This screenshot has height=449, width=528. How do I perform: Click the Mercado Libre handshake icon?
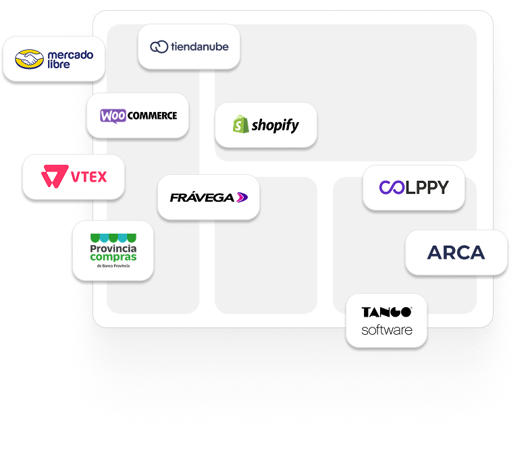(28, 59)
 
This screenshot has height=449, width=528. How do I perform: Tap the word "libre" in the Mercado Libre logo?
(59, 65)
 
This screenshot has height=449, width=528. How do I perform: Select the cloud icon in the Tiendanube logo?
(159, 47)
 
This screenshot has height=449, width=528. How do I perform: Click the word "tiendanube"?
(199, 47)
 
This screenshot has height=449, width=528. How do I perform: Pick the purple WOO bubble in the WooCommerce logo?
(113, 115)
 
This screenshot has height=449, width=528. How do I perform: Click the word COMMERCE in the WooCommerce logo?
(152, 115)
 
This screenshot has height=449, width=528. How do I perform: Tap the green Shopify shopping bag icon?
(240, 125)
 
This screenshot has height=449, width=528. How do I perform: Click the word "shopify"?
(275, 126)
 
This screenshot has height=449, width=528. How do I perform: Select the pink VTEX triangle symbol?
(54, 178)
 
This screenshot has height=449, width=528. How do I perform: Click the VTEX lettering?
(88, 178)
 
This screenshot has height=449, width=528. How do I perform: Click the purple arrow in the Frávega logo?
(242, 197)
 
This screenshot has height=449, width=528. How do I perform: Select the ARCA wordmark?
(456, 253)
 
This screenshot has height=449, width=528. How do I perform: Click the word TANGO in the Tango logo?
(386, 313)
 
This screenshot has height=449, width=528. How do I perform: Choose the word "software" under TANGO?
(386, 330)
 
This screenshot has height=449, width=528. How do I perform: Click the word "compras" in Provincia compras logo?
(113, 257)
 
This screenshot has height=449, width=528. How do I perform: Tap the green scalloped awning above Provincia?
(113, 238)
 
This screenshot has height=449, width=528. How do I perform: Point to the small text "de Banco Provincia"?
(113, 267)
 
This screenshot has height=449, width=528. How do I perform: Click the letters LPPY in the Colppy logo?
(427, 188)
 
